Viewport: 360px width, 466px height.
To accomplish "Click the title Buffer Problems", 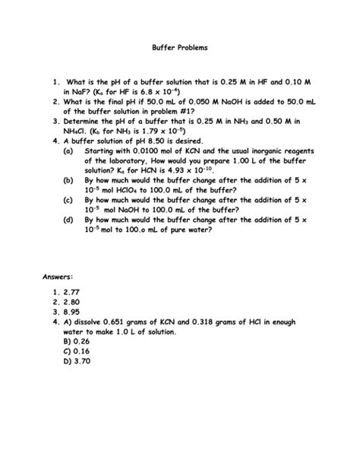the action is coord(179,48).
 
